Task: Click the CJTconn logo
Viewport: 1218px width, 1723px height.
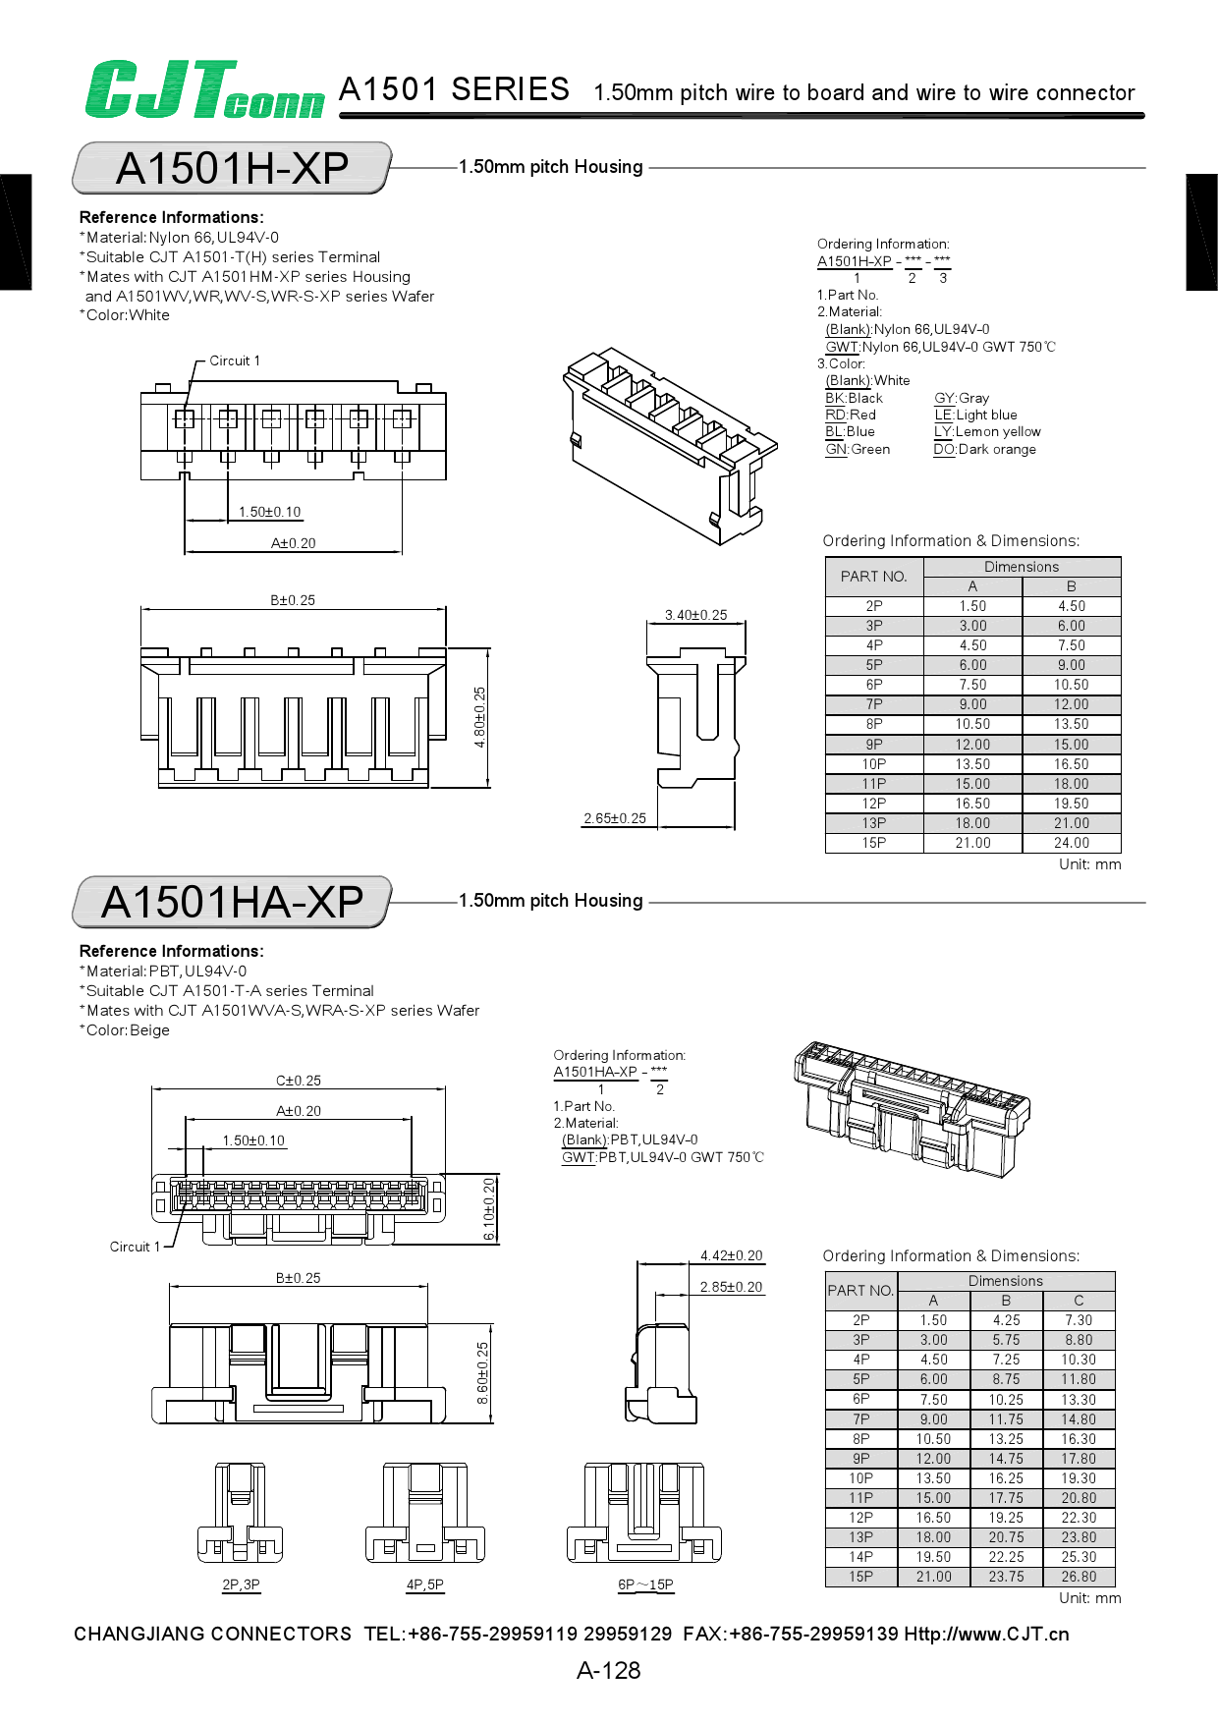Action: (x=203, y=90)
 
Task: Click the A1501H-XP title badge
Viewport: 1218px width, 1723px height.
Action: (x=232, y=168)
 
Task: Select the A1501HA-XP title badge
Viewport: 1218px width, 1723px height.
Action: (x=232, y=902)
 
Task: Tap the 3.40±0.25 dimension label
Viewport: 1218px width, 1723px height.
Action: (x=695, y=615)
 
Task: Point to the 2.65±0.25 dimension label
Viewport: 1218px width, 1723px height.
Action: (x=615, y=818)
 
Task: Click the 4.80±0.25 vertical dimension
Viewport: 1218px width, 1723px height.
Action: (x=479, y=717)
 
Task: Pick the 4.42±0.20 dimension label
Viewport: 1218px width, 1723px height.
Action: (x=731, y=1255)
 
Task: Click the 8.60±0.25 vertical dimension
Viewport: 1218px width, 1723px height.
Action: (x=482, y=1373)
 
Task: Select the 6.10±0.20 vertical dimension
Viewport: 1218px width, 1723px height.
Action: (x=489, y=1209)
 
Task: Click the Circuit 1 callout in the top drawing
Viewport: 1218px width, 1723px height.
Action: (x=235, y=361)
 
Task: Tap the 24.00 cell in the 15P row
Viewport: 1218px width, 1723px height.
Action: (x=1071, y=843)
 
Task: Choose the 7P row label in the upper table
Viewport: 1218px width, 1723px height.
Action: (x=873, y=704)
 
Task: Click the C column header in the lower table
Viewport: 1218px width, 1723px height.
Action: (x=1078, y=1300)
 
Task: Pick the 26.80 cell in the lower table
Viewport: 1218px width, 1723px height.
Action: (x=1078, y=1577)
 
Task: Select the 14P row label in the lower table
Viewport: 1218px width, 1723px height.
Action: (x=860, y=1557)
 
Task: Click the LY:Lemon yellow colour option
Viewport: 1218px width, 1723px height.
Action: (x=987, y=431)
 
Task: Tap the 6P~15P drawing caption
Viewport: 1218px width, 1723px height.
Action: (x=645, y=1584)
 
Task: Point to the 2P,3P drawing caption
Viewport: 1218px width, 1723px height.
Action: (x=241, y=1584)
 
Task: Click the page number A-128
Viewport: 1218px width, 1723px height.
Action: (x=608, y=1670)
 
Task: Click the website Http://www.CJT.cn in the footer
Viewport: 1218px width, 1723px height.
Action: (x=985, y=1634)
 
